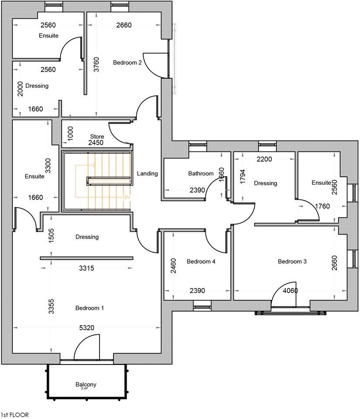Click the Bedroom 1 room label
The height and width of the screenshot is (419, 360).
pos(90,308)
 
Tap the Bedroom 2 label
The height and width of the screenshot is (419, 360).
pos(127,62)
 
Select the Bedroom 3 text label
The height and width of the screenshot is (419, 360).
pos(292,261)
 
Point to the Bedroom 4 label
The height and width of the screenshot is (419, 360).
pos(201,261)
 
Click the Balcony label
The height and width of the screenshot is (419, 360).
pos(86,385)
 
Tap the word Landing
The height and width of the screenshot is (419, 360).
pos(147,173)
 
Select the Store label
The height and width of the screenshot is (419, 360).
pos(97,137)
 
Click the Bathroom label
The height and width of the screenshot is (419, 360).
pos(201,173)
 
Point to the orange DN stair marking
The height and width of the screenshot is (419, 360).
pos(126,197)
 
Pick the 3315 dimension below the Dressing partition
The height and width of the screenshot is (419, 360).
pos(87,268)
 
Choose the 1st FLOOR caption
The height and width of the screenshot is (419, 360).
pos(14,415)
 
